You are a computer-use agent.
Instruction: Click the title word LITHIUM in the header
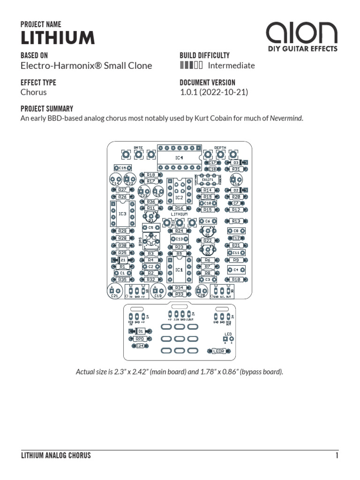58,37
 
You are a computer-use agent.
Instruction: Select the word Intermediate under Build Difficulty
231,66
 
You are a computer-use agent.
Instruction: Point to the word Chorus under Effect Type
34,92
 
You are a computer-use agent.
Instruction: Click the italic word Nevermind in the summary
286,119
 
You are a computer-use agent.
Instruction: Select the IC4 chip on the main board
179,157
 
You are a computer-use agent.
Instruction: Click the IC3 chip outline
122,214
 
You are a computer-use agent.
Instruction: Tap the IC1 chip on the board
179,270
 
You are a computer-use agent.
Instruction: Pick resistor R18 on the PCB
150,175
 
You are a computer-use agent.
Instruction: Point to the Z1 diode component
123,260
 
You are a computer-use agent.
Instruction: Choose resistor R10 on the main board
236,279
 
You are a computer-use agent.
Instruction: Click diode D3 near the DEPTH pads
236,163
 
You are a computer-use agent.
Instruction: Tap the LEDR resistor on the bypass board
218,350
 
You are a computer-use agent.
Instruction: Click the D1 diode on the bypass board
140,331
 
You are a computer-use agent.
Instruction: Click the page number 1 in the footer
337,455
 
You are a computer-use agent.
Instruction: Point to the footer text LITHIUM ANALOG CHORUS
56,455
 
